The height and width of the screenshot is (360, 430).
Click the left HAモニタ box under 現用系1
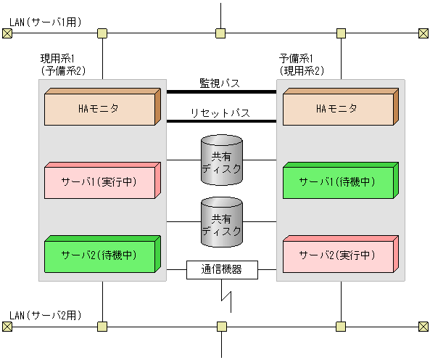coord(99,109)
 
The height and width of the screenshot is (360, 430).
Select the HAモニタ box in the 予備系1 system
coord(337,109)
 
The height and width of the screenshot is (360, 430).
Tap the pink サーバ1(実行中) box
coord(99,181)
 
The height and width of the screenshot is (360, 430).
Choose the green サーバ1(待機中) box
coord(337,181)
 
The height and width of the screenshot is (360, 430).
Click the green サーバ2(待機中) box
coord(99,255)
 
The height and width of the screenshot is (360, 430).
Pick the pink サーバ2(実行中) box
coord(337,255)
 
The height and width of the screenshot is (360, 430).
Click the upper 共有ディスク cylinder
coord(222,160)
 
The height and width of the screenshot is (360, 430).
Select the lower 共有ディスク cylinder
coord(222,223)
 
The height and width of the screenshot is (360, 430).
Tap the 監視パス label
coord(220,83)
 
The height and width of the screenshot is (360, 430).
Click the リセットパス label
coord(220,113)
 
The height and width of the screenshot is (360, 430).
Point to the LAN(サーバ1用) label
coord(45,22)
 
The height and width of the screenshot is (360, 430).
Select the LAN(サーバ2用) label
coord(45,315)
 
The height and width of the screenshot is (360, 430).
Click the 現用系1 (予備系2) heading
coord(63,65)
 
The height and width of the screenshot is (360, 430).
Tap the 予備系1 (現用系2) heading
coord(302,65)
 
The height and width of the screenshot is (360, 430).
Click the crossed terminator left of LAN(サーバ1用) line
coord(7,33)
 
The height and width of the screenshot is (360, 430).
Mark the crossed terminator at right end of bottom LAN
coord(423,327)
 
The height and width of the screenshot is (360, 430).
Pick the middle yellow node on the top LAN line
coord(220,33)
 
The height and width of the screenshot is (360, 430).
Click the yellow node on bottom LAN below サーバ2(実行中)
coord(341,327)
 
